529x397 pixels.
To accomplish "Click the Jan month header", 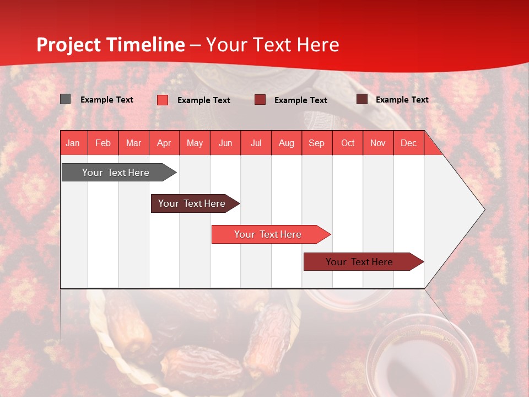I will [73, 143].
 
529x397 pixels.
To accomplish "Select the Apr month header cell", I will [164, 143].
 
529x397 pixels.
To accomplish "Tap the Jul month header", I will [256, 143].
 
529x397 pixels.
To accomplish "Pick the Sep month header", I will [316, 143].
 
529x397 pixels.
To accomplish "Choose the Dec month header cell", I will [408, 143].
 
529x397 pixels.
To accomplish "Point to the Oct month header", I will [347, 143].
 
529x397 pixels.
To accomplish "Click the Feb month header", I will [103, 143].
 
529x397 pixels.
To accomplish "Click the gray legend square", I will [66, 99].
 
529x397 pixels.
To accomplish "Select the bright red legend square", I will [163, 100].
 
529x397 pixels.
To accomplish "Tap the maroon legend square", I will [260, 100].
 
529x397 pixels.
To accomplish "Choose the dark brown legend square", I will [362, 99].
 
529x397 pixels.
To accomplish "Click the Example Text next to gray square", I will [107, 100].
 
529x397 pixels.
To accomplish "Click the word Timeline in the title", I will [145, 45].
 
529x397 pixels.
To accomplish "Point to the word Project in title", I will [68, 45].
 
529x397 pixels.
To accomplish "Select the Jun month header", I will [225, 143].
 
